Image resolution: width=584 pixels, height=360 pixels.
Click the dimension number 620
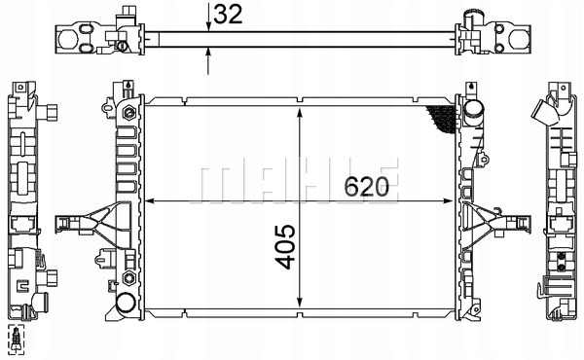[x=366, y=187]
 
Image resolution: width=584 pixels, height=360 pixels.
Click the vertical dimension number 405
[x=285, y=246]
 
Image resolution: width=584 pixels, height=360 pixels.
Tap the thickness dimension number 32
[x=228, y=15]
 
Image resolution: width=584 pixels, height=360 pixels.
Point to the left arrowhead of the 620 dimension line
[x=149, y=201]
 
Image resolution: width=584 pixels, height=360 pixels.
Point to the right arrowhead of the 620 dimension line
[x=448, y=201]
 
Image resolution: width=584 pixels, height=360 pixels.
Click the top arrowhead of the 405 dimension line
[x=299, y=113]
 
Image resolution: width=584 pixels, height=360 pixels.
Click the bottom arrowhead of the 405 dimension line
[x=299, y=302]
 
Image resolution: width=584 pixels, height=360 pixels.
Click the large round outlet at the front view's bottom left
[x=126, y=304]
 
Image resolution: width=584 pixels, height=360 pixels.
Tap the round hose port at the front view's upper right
[x=474, y=108]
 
